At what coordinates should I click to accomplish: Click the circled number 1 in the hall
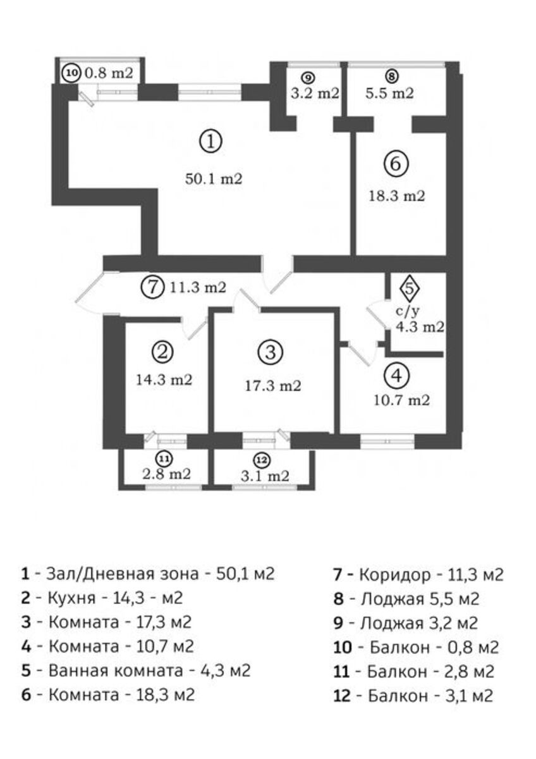(210, 141)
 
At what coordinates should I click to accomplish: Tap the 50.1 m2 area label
(214, 178)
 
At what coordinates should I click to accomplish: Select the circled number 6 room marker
(396, 164)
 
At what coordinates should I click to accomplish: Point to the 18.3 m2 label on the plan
(396, 196)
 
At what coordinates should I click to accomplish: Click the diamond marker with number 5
(410, 288)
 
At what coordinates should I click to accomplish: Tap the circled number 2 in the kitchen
(162, 352)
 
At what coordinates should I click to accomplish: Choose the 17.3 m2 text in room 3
(273, 386)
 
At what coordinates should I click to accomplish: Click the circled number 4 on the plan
(397, 376)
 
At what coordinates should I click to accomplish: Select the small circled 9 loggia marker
(308, 78)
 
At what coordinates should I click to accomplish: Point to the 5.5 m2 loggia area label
(389, 92)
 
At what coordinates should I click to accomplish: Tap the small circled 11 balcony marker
(164, 459)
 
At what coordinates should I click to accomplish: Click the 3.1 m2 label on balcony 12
(265, 476)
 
